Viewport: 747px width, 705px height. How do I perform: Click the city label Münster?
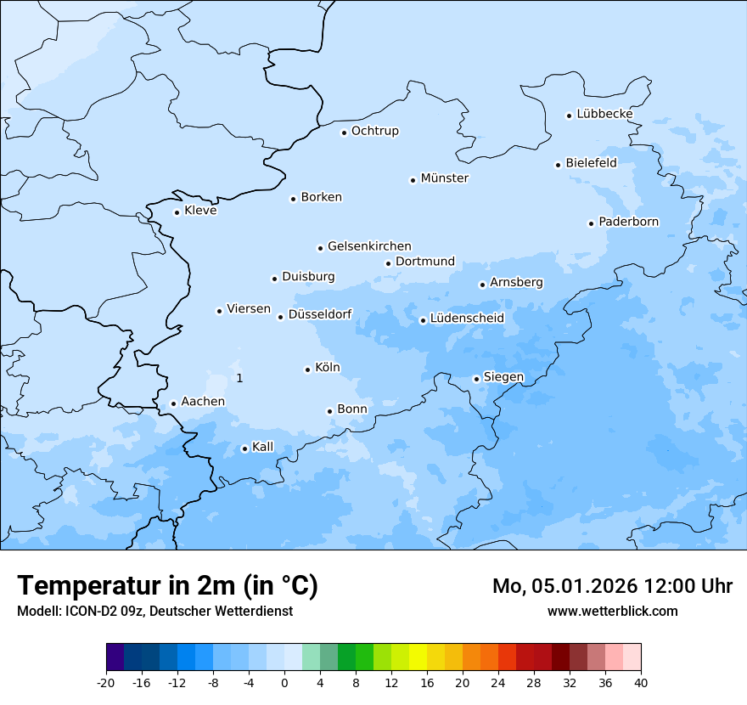pos(444,178)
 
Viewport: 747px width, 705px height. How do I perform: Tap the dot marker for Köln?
pos(307,369)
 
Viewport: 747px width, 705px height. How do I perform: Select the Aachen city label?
pos(203,402)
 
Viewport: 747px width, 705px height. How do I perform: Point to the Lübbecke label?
pos(604,114)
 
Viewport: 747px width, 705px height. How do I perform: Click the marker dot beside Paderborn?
pos(591,223)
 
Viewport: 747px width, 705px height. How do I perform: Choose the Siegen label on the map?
pos(503,377)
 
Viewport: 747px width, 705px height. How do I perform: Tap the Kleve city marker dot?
pos(177,212)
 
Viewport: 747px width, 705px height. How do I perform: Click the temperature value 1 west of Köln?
pos(239,378)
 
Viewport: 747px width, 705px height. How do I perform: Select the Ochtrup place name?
pos(374,131)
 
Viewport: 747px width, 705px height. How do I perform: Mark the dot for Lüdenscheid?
pos(423,320)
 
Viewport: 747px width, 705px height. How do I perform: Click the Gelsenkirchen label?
pos(369,246)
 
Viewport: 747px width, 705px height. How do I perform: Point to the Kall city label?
pos(263,447)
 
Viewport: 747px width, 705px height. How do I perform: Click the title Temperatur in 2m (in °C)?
pos(167,586)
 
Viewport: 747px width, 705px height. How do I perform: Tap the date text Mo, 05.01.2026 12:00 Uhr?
pos(612,586)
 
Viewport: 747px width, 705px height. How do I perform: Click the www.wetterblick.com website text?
pos(612,611)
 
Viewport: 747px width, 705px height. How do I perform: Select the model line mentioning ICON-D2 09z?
pos(154,611)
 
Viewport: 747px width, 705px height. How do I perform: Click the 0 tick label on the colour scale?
pos(284,682)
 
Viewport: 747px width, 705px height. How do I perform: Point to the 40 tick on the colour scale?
pos(641,682)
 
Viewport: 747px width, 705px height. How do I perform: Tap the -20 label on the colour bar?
pos(106,682)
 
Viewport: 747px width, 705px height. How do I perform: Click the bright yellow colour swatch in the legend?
pos(418,657)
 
